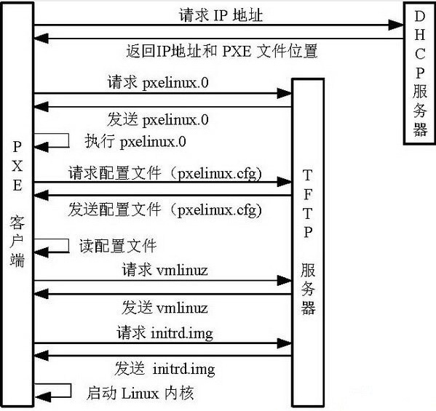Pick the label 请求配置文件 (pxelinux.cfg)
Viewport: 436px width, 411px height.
coord(166,174)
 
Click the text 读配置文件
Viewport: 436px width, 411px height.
coord(117,245)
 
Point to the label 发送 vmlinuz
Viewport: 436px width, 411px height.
coord(165,306)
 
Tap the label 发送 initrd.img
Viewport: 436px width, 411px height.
coord(165,368)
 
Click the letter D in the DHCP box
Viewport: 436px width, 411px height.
coord(420,15)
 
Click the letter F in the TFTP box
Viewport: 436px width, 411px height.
coord(308,194)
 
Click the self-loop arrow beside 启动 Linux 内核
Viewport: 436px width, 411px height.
coord(57,391)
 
